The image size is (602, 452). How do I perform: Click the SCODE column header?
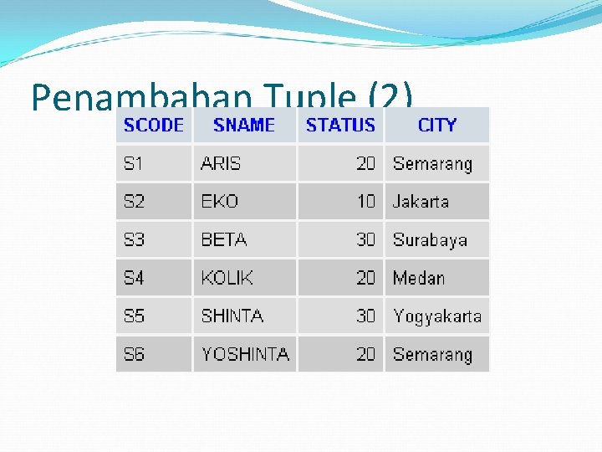pyautogui.click(x=153, y=126)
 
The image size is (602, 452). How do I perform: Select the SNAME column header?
pyautogui.click(x=244, y=126)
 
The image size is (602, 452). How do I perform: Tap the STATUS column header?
pyautogui.click(x=340, y=126)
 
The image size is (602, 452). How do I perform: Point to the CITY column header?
pyautogui.click(x=436, y=126)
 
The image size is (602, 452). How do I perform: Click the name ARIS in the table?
pyautogui.click(x=221, y=164)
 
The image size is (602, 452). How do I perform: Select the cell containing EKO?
pyautogui.click(x=220, y=202)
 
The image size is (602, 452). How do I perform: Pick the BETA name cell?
pyautogui.click(x=224, y=240)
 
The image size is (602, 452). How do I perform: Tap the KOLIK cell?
pyautogui.click(x=227, y=278)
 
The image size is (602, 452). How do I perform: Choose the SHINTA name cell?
pyautogui.click(x=232, y=316)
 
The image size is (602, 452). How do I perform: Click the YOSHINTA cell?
pyautogui.click(x=245, y=355)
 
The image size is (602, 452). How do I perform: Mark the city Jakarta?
pyautogui.click(x=421, y=202)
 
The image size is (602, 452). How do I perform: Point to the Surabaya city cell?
pyautogui.click(x=430, y=240)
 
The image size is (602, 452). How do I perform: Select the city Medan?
pyautogui.click(x=419, y=278)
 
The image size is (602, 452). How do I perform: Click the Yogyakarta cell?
pyautogui.click(x=436, y=316)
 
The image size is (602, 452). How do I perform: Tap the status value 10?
pyautogui.click(x=365, y=202)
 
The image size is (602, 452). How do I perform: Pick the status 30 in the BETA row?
pyautogui.click(x=365, y=240)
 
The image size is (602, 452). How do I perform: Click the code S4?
pyautogui.click(x=134, y=278)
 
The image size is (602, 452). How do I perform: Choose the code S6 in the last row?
pyautogui.click(x=134, y=355)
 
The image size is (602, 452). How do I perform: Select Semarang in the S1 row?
pyautogui.click(x=432, y=164)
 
